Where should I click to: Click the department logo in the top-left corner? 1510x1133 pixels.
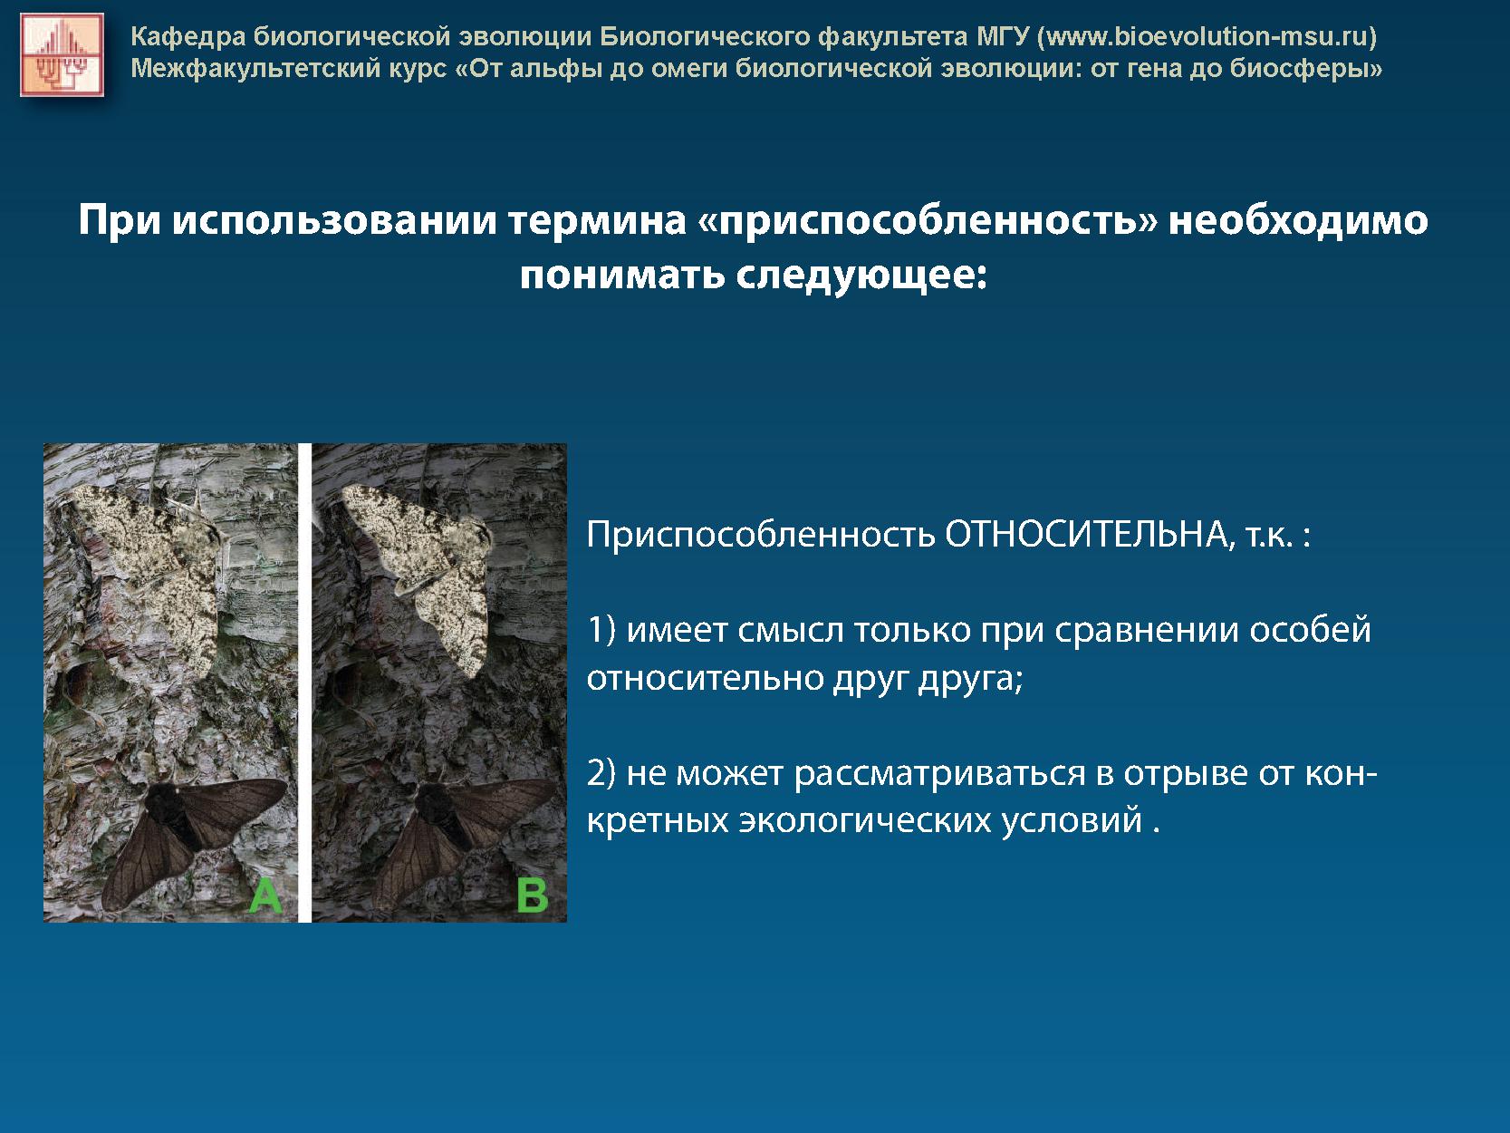[x=62, y=54]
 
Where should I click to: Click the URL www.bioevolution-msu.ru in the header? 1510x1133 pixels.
[x=1207, y=36]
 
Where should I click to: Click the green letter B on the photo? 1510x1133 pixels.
[x=533, y=896]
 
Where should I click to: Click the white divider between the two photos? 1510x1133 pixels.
[x=304, y=683]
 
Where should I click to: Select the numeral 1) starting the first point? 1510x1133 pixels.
[x=601, y=631]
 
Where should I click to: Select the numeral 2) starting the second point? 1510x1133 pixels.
[x=601, y=773]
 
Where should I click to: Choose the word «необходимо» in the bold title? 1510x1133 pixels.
[x=1298, y=221]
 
